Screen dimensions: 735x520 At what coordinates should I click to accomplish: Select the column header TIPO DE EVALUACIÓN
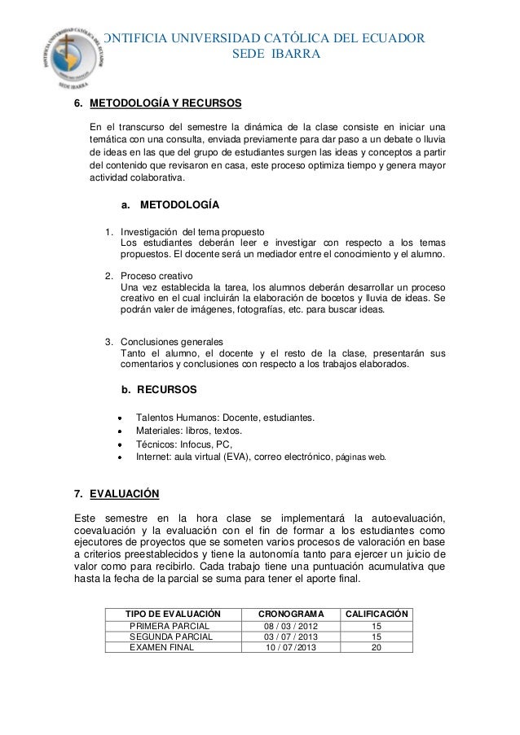point(174,612)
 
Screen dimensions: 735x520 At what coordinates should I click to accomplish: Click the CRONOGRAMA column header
point(291,612)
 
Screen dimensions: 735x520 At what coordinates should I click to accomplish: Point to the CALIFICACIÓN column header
point(377,612)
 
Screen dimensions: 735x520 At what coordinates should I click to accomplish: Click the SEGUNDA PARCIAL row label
point(170,636)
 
